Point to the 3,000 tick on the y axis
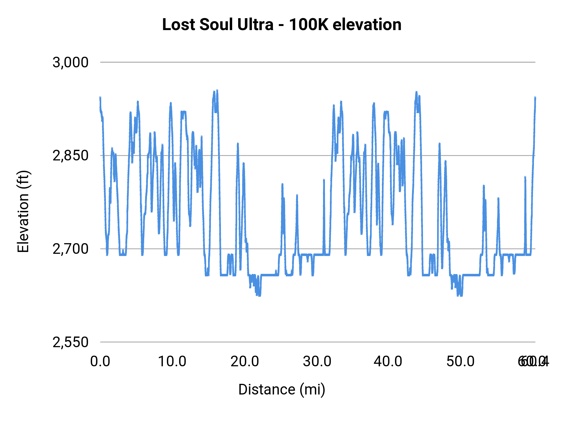(x=70, y=62)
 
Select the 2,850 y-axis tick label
(x=70, y=155)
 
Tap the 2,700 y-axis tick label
(x=70, y=249)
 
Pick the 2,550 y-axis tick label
(x=70, y=342)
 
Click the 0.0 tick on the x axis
(x=100, y=362)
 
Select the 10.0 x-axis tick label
(x=172, y=362)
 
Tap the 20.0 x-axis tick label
(x=245, y=362)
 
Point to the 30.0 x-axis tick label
(x=317, y=362)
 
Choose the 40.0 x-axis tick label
(x=388, y=362)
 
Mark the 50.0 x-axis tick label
(x=460, y=362)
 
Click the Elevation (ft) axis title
(x=23, y=211)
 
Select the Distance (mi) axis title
(x=282, y=389)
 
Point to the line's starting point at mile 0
(x=100, y=98)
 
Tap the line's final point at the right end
(x=535, y=98)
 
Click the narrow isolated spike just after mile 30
(x=324, y=180)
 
